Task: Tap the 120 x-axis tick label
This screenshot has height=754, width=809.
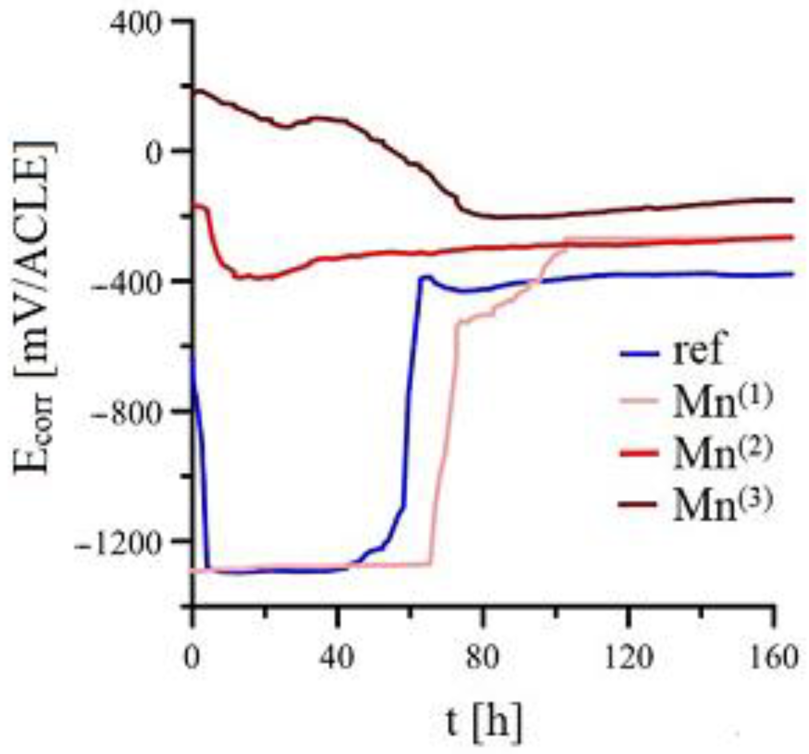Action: point(628,658)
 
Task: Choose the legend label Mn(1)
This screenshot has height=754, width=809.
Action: point(722,401)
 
